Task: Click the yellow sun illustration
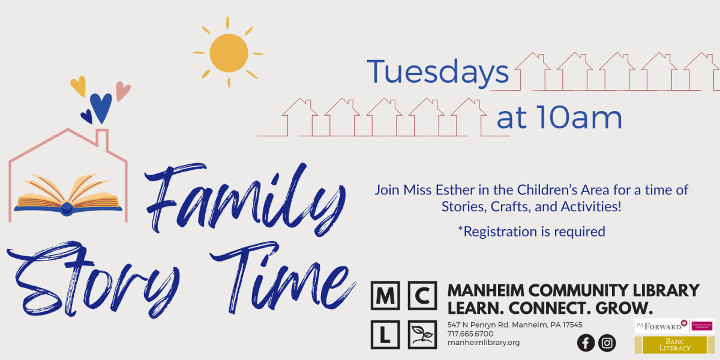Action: (229, 53)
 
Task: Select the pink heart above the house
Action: (122, 91)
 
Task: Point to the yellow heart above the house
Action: (78, 86)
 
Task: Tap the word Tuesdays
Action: (438, 72)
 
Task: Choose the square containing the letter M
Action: (385, 295)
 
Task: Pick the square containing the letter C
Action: (422, 295)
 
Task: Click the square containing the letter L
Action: (385, 334)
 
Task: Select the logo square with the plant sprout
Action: (422, 334)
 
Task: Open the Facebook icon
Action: (586, 343)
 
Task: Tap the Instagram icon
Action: (607, 343)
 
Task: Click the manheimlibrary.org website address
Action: (484, 343)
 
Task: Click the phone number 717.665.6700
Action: (470, 334)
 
